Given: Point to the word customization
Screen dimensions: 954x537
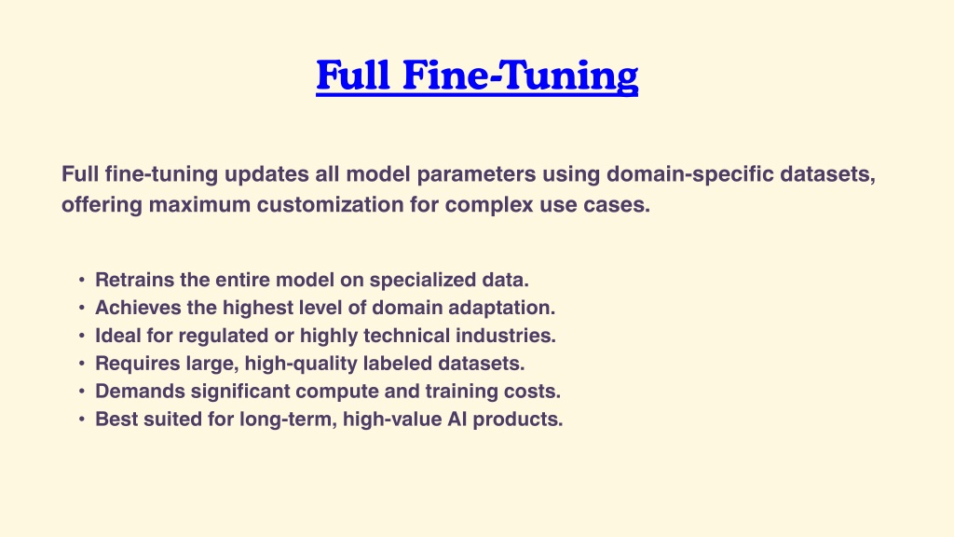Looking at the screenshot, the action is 331,204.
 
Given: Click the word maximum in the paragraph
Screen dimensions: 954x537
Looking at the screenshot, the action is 199,205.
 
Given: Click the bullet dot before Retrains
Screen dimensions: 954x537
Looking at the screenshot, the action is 82,280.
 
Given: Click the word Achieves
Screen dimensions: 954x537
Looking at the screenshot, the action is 138,308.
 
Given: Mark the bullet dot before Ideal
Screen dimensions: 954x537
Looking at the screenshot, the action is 82,336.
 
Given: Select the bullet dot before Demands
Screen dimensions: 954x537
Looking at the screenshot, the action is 82,392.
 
